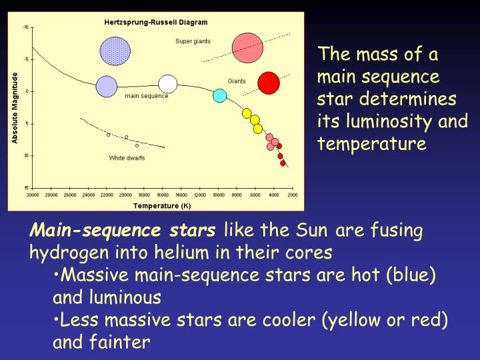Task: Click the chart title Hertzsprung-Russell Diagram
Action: [155, 23]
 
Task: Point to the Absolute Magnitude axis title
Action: [15, 108]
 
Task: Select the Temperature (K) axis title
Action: [161, 205]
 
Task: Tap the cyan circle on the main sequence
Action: [219, 95]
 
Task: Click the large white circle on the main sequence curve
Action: [168, 83]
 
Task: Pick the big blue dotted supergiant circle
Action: [115, 51]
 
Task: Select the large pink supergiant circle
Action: [247, 47]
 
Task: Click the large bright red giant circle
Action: [269, 83]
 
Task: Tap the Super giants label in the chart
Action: [193, 41]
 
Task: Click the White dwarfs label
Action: [127, 158]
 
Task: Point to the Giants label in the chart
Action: [237, 81]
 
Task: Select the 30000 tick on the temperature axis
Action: [33, 195]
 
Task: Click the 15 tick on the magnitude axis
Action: [26, 187]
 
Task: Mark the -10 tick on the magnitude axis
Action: [26, 27]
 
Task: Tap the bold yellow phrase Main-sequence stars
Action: [123, 231]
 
